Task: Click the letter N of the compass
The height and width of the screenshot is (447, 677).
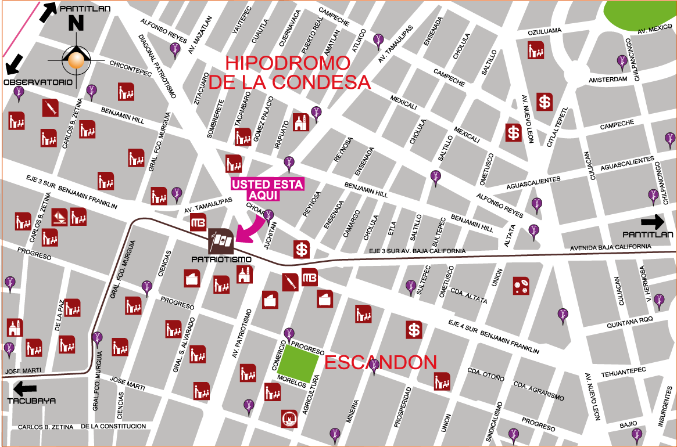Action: [76, 23]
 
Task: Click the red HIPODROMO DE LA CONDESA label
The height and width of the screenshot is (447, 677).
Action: [289, 73]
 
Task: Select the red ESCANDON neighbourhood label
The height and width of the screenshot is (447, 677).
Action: [380, 363]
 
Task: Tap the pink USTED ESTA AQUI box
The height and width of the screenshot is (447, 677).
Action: [267, 190]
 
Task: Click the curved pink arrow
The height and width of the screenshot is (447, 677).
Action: [249, 230]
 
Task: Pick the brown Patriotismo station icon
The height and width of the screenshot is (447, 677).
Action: [221, 241]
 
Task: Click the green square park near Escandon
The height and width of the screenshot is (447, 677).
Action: [298, 363]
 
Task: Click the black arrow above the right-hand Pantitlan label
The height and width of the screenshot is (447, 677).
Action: [652, 221]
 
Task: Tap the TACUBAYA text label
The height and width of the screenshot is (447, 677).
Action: [31, 401]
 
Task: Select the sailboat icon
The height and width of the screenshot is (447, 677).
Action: [59, 217]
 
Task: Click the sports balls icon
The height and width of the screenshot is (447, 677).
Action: [521, 286]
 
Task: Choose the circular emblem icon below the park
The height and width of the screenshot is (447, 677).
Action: [289, 418]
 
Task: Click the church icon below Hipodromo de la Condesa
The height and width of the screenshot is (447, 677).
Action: [300, 122]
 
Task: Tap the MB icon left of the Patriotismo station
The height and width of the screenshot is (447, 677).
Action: [198, 223]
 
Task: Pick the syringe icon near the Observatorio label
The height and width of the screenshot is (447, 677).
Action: [51, 107]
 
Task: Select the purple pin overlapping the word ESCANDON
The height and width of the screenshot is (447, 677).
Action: [374, 365]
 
